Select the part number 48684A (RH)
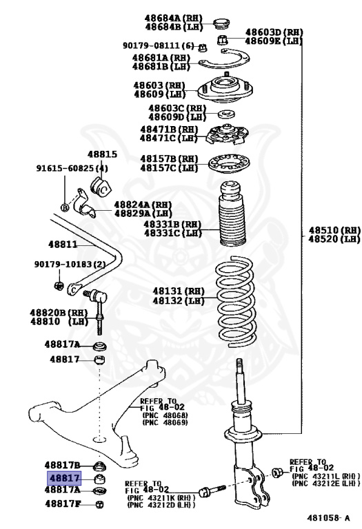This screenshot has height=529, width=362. [172, 17]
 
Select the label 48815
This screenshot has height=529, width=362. [102, 155]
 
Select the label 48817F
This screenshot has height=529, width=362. [63, 504]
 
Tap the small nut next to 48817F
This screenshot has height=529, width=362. [99, 504]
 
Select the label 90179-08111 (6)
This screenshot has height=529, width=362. [159, 45]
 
